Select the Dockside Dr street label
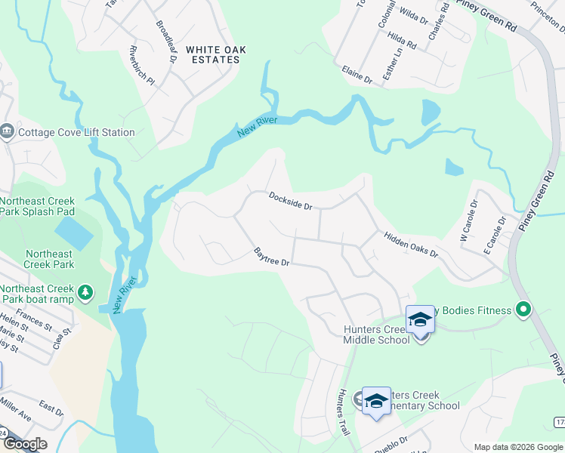pos(291,200)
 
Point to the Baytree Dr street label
pos(272,257)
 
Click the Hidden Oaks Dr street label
pos(411,245)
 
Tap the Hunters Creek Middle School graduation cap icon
pos(420,321)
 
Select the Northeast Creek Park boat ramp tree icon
pos(86,292)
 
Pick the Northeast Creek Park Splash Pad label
pos(38,207)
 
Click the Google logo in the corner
pos(25,444)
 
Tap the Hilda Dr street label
pos(401,40)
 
